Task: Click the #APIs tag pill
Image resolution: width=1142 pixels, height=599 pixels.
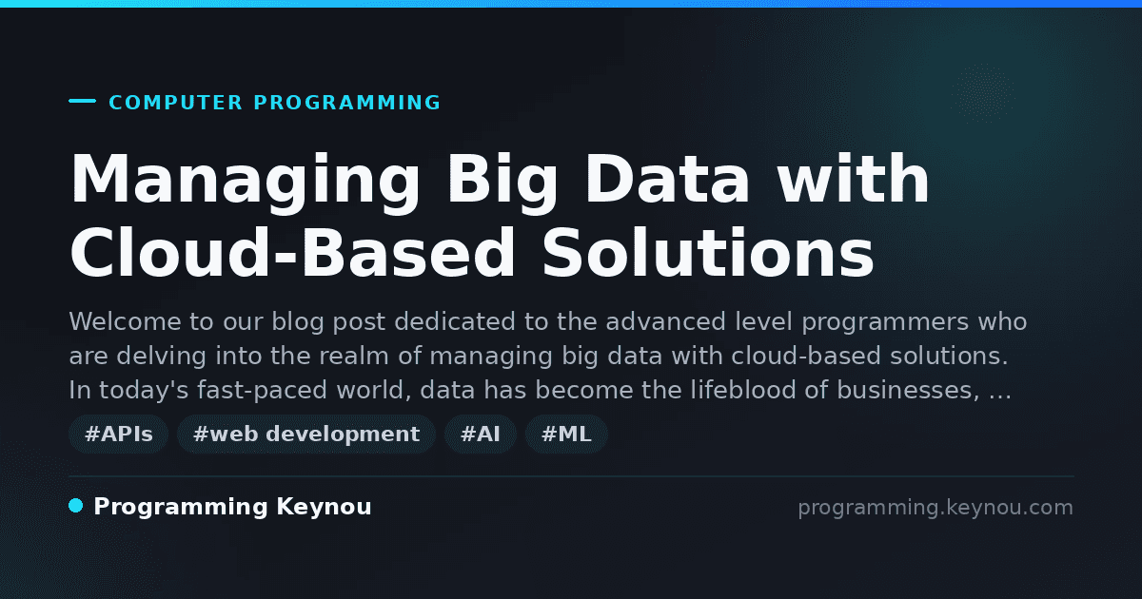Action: pyautogui.click(x=119, y=434)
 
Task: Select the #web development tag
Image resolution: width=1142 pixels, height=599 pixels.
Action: pyautogui.click(x=306, y=434)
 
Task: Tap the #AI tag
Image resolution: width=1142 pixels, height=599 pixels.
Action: pyautogui.click(x=481, y=434)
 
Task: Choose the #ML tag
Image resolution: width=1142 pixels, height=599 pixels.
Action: pyautogui.click(x=566, y=434)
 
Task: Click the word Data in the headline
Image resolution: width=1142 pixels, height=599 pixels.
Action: pyautogui.click(x=668, y=180)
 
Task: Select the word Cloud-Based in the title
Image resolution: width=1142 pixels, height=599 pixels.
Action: pyautogui.click(x=293, y=253)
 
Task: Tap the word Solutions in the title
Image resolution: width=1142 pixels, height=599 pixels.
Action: pyautogui.click(x=709, y=253)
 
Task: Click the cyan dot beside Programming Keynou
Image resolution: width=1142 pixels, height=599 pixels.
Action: pyautogui.click(x=75, y=506)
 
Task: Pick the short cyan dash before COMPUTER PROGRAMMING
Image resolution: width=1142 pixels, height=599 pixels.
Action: pyautogui.click(x=82, y=101)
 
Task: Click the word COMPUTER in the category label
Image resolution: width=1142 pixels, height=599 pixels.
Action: pyautogui.click(x=176, y=103)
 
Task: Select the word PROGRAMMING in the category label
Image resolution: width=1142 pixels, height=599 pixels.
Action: pyautogui.click(x=347, y=103)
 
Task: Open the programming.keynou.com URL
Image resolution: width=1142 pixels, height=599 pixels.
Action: pyautogui.click(x=935, y=508)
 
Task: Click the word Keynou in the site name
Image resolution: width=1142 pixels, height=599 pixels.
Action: pyautogui.click(x=324, y=507)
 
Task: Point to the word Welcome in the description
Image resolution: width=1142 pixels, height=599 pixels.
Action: pyautogui.click(x=125, y=321)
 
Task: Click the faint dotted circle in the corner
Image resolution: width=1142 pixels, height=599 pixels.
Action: pyautogui.click(x=983, y=93)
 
